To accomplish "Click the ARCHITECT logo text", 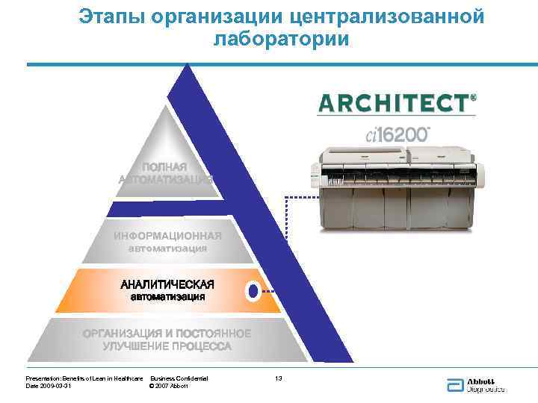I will click(x=393, y=102).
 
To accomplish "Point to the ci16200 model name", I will click(x=398, y=134).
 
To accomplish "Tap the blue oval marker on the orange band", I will click(x=253, y=290).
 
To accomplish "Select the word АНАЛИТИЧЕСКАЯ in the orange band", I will click(x=167, y=284).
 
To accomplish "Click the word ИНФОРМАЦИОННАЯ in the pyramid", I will click(x=167, y=237).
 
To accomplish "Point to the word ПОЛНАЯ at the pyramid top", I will click(x=165, y=166).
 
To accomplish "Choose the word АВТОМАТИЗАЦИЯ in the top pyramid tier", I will click(x=165, y=179).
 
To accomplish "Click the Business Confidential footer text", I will click(x=179, y=379).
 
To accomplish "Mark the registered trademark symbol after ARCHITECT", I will click(x=472, y=97).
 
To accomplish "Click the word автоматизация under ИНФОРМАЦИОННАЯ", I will click(x=167, y=249).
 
